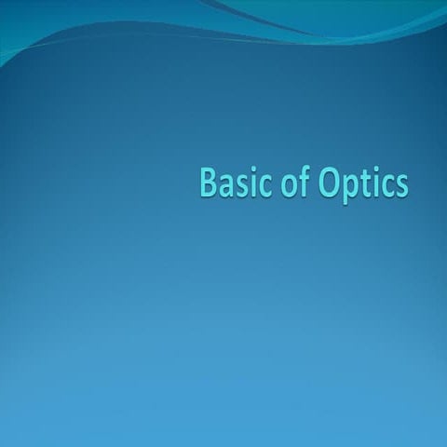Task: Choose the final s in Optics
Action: point(400,185)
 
